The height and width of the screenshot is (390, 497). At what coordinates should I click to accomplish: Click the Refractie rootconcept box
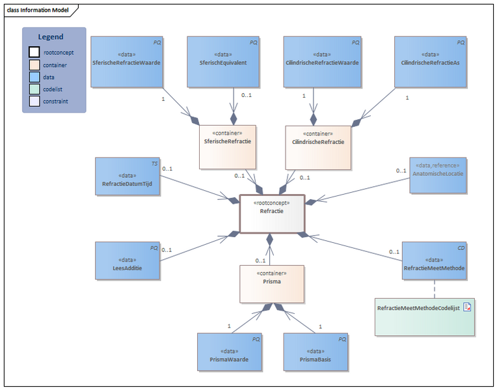coord(272,213)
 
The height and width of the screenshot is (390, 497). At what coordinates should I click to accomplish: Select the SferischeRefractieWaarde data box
coord(127,62)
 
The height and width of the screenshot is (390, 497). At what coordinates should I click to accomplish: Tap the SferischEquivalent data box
coord(223,62)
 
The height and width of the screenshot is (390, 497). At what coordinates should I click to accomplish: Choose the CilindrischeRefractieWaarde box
coord(321,62)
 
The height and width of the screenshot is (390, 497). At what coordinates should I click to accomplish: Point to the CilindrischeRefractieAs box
coord(431,62)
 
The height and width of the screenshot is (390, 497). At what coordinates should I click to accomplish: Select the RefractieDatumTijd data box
coord(128,176)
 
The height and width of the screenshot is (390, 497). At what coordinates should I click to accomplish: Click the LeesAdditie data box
coord(128,260)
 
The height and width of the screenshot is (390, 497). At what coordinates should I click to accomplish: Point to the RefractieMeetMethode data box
coord(435,260)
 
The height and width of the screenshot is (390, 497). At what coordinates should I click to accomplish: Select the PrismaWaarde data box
coord(230,352)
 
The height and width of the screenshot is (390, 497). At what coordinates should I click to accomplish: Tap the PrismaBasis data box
coord(316,352)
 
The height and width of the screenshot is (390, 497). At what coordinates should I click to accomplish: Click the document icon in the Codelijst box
coord(466,307)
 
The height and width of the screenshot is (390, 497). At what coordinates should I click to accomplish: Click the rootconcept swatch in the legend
coord(34,53)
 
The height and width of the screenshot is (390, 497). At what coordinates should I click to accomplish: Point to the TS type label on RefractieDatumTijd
coord(154,163)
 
